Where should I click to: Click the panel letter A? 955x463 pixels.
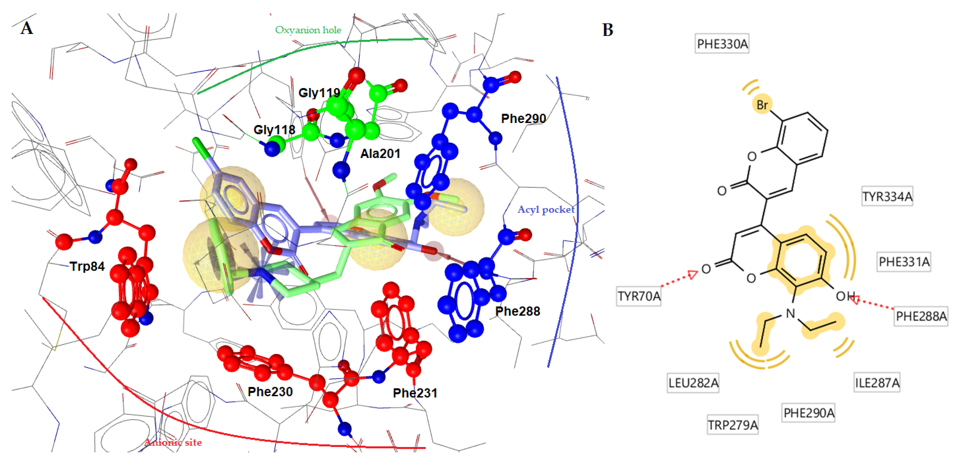pos(27,28)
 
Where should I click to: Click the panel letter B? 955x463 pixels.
pos(608,30)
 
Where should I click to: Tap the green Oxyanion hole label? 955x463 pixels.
pos(308,30)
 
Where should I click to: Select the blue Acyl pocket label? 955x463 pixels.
pos(546,210)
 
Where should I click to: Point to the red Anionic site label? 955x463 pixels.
pos(173,442)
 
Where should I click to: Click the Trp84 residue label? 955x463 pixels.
pos(87,266)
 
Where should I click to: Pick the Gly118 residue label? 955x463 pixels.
pos(274,130)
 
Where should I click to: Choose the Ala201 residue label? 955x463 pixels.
pos(380,154)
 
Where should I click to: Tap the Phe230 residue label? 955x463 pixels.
pos(270,392)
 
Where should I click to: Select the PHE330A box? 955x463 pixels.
pos(722,44)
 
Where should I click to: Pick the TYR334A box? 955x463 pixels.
pos(887,197)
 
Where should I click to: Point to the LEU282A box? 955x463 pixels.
pos(693,382)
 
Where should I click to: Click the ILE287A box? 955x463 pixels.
pos(877,382)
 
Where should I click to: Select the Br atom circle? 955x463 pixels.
pos(762,105)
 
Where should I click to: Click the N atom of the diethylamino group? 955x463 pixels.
pos(791,313)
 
